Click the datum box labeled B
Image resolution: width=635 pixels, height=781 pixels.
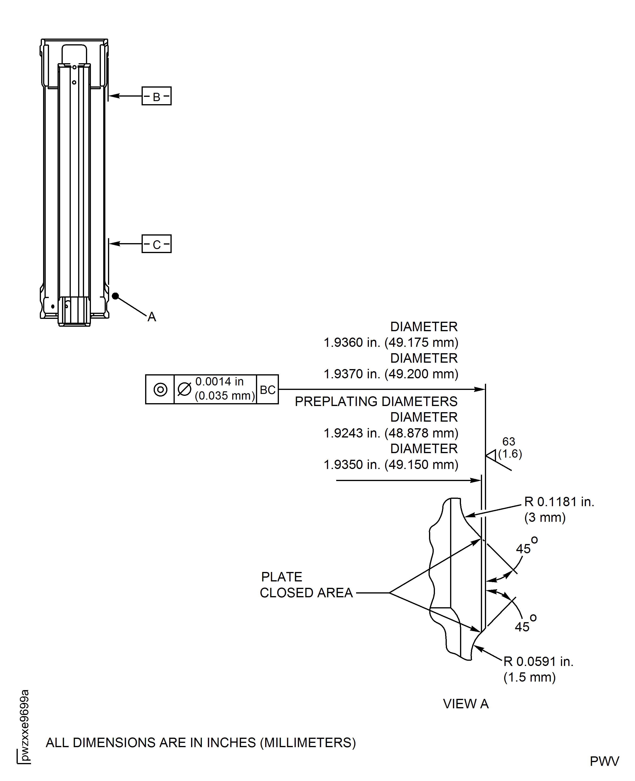(x=156, y=96)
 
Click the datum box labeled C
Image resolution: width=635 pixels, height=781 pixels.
(x=156, y=244)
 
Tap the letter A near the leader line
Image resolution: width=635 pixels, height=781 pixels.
(x=152, y=317)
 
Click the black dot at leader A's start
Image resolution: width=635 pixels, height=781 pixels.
(x=115, y=296)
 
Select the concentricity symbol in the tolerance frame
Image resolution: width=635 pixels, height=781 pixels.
(x=160, y=390)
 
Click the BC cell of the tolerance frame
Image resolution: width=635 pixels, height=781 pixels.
(x=267, y=390)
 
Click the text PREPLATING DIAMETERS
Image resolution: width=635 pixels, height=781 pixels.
(x=376, y=402)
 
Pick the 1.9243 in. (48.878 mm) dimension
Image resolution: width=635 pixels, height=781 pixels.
(x=391, y=433)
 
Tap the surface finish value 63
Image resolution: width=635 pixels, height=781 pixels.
(x=508, y=442)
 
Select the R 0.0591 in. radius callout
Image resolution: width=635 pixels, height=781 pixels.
(x=538, y=662)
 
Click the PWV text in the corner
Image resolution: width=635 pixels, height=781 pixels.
(x=604, y=761)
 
